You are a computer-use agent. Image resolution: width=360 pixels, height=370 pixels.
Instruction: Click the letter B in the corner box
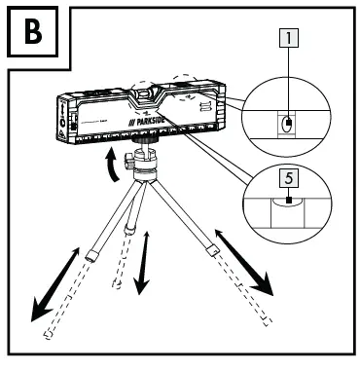coord(30,32)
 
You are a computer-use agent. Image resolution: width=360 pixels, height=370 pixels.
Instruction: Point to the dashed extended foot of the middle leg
coord(118,284)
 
